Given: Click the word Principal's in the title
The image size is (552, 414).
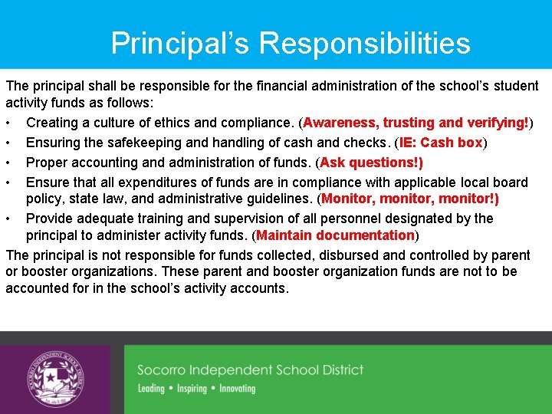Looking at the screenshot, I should (180, 43).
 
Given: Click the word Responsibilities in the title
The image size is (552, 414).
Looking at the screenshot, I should (364, 43).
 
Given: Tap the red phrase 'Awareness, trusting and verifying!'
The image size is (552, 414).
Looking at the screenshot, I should (418, 123).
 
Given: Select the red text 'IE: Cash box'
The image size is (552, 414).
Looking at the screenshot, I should (440, 143).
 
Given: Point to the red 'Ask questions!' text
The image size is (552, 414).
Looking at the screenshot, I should (371, 163).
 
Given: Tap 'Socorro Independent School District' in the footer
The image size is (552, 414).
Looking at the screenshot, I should (250, 370).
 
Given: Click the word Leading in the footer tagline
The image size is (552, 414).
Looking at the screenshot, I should (151, 389).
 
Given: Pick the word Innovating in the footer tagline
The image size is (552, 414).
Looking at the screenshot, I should (237, 389).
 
